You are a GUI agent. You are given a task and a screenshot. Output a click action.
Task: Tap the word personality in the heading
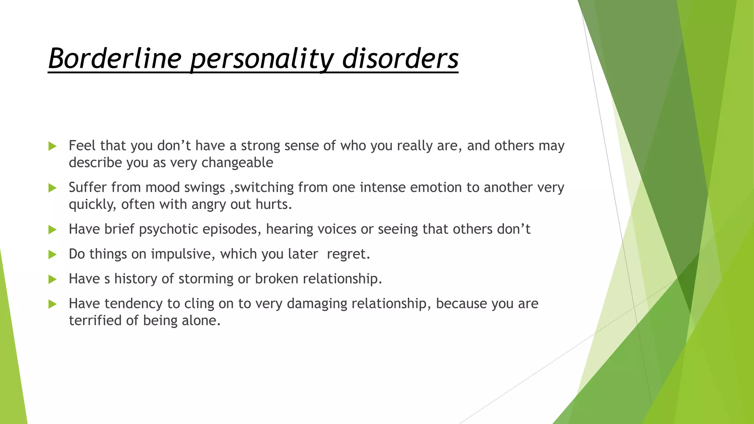click(261, 59)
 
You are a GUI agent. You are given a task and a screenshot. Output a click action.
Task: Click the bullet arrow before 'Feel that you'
click(52, 146)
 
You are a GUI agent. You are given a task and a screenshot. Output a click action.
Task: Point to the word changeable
click(237, 163)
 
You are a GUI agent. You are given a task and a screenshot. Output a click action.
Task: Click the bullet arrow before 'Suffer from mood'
click(52, 188)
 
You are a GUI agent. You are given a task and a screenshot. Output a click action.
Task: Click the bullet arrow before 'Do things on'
click(52, 254)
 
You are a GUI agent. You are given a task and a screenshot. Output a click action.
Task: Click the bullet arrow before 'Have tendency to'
click(52, 304)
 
